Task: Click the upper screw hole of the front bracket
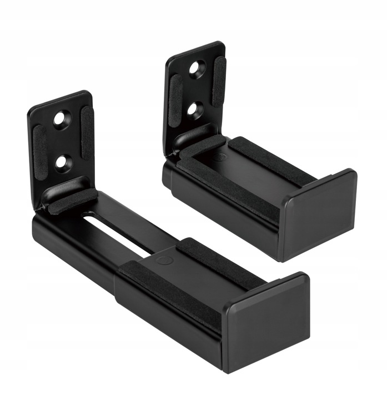tap(62, 119)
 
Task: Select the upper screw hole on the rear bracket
tap(195, 69)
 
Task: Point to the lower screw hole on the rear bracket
tap(194, 109)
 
